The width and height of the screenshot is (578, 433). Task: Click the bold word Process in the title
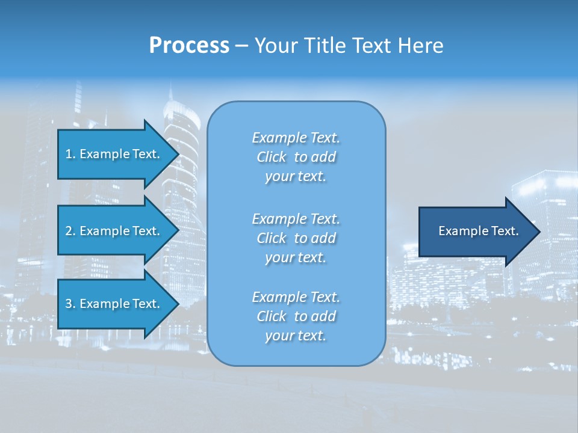point(189,46)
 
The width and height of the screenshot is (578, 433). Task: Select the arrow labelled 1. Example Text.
point(114,154)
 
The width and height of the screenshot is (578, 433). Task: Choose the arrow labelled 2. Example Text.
point(114,231)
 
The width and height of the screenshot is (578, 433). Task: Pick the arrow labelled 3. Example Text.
point(114,304)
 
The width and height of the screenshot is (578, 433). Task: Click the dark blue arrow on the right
point(476,232)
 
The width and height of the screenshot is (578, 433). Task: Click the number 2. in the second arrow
point(70,231)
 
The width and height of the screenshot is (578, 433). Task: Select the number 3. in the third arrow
point(70,304)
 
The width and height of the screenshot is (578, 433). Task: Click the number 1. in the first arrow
point(70,154)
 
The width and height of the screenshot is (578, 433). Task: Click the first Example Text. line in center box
point(296,138)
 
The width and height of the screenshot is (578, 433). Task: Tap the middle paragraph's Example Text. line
point(296,218)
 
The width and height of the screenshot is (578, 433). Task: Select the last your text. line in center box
point(296,336)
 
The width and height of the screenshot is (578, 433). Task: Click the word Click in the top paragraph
point(271,157)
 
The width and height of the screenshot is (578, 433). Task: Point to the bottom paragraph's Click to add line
point(296,316)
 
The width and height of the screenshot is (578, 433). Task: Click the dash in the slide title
point(241,46)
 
